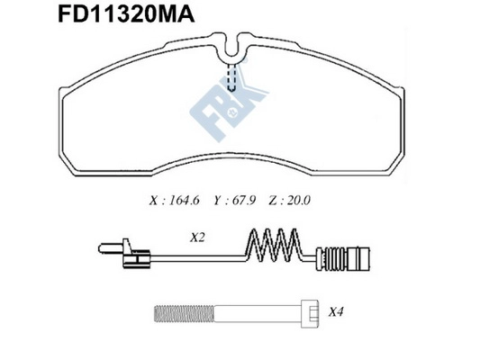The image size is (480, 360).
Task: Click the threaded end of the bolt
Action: click(170, 313)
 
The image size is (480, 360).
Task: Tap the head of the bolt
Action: click(307, 313)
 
